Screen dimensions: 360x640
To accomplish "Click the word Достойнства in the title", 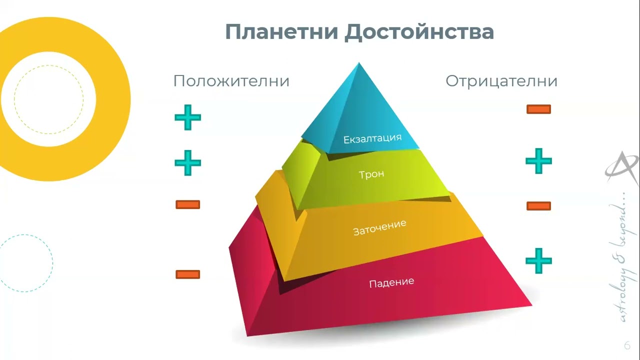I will coord(419,32).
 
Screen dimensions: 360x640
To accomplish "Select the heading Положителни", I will coord(231,81).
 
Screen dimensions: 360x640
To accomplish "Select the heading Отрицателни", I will coord(501,81).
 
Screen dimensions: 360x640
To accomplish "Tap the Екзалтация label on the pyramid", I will coord(372,138).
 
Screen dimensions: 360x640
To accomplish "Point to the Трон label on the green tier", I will coord(371,174).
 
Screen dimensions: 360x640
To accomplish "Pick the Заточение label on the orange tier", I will coord(379,228).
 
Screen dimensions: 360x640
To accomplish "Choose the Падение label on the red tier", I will coord(391,283).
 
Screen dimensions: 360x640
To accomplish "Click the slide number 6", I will coord(627,346).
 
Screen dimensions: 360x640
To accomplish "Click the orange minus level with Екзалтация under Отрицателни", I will coord(538,109).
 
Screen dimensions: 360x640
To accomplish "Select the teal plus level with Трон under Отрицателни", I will coord(538,161).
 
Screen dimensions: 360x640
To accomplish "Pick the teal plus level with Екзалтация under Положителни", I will coord(187,118).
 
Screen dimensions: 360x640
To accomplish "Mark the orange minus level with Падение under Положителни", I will coord(187,274).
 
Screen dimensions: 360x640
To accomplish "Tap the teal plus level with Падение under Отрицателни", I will coord(538,260).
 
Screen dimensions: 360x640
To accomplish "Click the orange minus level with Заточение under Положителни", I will coord(187,204).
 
